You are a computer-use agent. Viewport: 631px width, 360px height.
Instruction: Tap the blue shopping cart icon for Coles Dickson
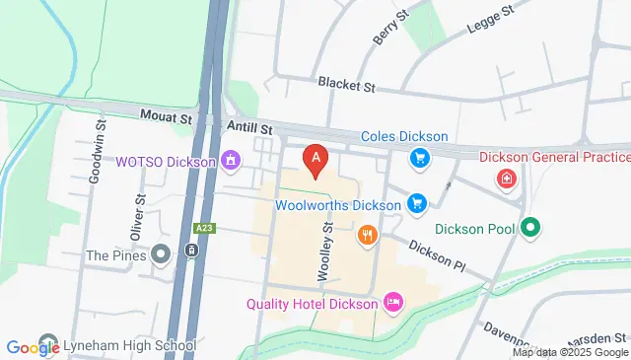pyautogui.click(x=420, y=157)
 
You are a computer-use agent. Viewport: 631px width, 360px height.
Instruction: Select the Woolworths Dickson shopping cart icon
pyautogui.click(x=417, y=204)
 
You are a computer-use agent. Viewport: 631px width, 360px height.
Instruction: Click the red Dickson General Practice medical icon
pyautogui.click(x=507, y=179)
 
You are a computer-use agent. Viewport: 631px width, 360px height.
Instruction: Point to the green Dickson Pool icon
pyautogui.click(x=532, y=228)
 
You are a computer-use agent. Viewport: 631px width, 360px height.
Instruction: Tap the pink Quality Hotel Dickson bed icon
pyautogui.click(x=392, y=300)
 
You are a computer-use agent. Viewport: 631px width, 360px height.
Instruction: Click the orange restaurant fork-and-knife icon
pyautogui.click(x=367, y=235)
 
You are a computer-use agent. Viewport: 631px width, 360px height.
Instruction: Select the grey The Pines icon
pyautogui.click(x=162, y=254)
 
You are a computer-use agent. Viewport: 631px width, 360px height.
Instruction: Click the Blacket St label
pyautogui.click(x=347, y=87)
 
